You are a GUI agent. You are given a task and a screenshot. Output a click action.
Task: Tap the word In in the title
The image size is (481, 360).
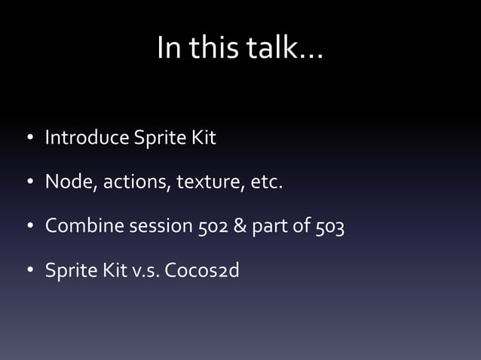[170, 49]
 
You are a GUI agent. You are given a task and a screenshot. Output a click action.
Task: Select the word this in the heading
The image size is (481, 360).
[219, 49]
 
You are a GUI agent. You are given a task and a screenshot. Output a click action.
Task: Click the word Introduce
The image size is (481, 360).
[87, 139]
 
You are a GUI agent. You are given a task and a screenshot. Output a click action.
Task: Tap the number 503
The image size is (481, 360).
[330, 226]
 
